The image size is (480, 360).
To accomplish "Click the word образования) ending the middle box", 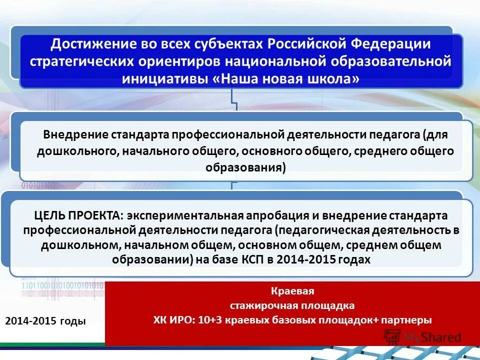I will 245,167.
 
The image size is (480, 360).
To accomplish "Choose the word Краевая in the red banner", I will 292,291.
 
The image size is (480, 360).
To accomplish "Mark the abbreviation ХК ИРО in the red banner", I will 173,320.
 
